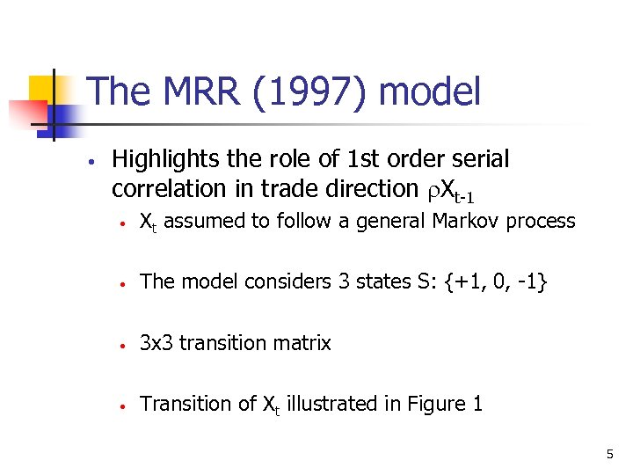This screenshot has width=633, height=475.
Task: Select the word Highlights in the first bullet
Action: pos(166,159)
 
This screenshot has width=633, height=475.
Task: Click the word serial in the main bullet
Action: pos(478,159)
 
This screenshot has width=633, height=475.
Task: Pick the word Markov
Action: pos(466,221)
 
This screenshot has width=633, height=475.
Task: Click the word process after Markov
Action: pos(540,222)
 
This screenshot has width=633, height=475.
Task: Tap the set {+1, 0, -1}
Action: pos(492,281)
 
